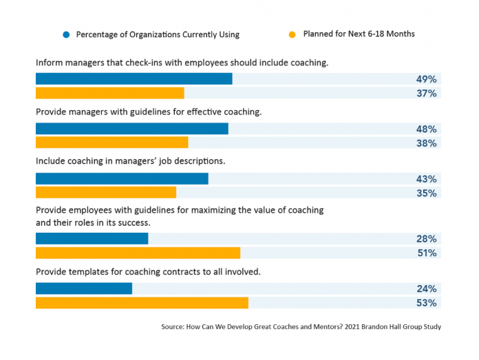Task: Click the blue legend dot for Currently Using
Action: (x=65, y=34)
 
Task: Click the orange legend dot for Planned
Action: (x=292, y=34)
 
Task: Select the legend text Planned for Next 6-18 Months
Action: (x=359, y=34)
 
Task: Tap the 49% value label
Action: (x=426, y=78)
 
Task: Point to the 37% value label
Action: (x=426, y=93)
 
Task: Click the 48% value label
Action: (x=426, y=129)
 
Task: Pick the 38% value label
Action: (x=426, y=143)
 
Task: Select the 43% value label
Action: (x=426, y=179)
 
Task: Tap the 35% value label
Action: (x=426, y=193)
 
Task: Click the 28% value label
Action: (x=426, y=239)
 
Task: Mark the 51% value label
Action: (x=426, y=253)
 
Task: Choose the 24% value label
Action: (x=426, y=289)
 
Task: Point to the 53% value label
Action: (x=426, y=303)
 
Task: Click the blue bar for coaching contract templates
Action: (x=84, y=289)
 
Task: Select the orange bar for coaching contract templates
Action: (x=142, y=303)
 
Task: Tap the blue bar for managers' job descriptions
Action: (x=122, y=179)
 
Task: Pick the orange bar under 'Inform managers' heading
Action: (x=110, y=93)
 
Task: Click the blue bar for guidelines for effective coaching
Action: (x=131, y=129)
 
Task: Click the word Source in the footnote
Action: (x=171, y=326)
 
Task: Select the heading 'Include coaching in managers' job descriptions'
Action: (x=131, y=161)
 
